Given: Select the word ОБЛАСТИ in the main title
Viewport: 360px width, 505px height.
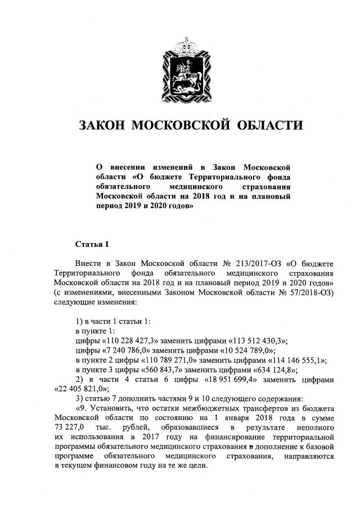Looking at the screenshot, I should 269,125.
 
